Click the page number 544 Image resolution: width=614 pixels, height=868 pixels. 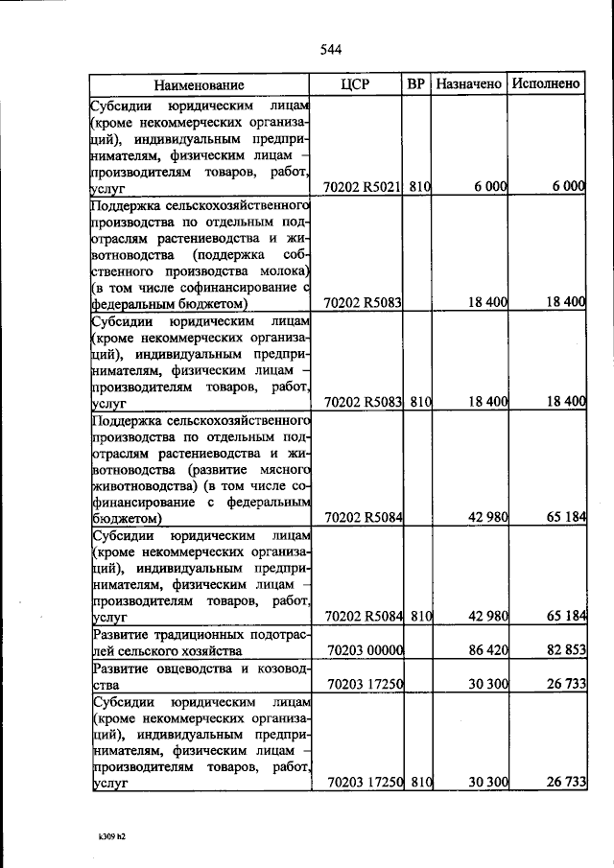point(329,50)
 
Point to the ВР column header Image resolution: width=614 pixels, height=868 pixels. point(416,84)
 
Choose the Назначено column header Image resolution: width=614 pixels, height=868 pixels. point(469,84)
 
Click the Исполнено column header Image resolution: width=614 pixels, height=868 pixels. point(546,84)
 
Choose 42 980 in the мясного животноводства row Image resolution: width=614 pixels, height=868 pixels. point(486,517)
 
